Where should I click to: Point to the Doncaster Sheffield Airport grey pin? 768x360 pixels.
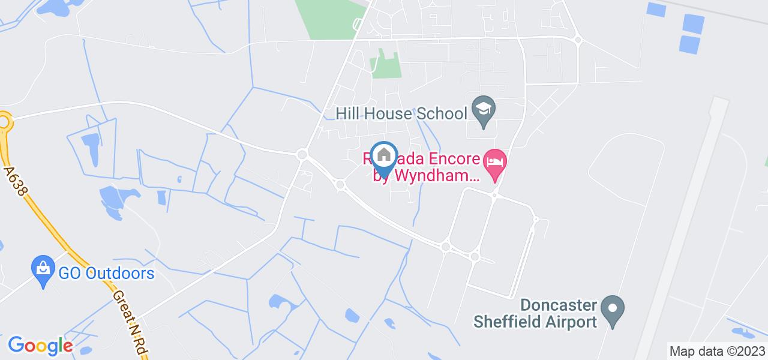click(x=613, y=310)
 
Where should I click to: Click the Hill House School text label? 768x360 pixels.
click(x=401, y=113)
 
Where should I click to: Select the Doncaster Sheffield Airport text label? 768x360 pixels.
click(x=537, y=313)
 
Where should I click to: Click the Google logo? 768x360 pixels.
click(x=40, y=346)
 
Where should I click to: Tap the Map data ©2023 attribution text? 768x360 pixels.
click(x=718, y=351)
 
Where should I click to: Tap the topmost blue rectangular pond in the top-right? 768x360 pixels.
click(x=657, y=9)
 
